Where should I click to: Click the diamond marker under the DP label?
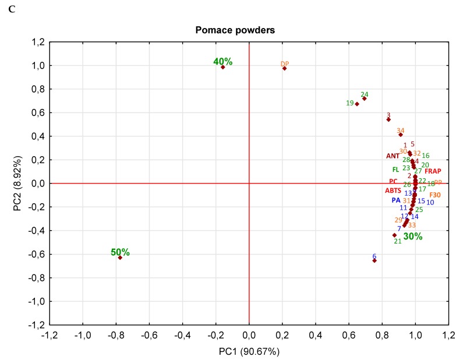284,69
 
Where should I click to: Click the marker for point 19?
357,104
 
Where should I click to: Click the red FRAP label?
432,171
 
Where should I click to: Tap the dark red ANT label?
393,156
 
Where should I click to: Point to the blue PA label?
395,200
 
